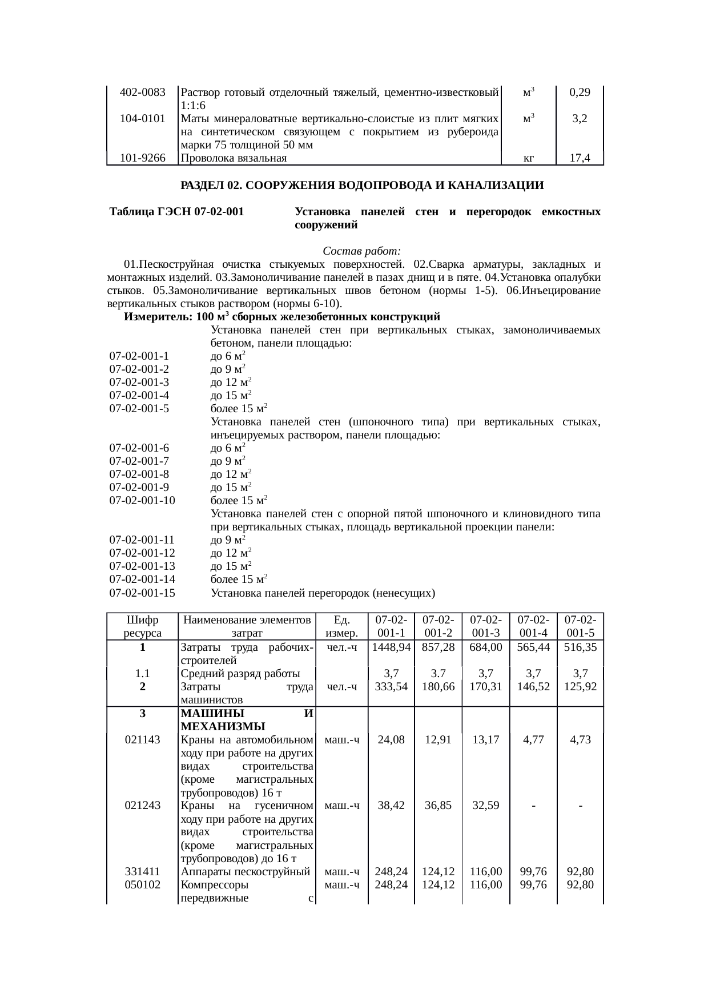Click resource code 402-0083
(x=142, y=92)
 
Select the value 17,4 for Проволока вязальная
(x=580, y=159)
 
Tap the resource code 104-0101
(x=142, y=119)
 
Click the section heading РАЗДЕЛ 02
(x=361, y=186)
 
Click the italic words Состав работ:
(x=361, y=251)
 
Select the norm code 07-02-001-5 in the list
(x=139, y=409)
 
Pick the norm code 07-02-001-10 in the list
(x=142, y=501)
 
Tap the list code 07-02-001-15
(x=142, y=593)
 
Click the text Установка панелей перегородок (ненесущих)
(x=323, y=593)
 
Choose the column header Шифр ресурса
(x=142, y=626)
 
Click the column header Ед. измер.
(x=341, y=626)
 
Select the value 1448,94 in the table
(x=391, y=647)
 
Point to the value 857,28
(x=438, y=647)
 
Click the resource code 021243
(x=142, y=806)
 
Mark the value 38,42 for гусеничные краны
(x=391, y=806)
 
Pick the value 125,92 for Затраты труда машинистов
(x=580, y=687)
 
